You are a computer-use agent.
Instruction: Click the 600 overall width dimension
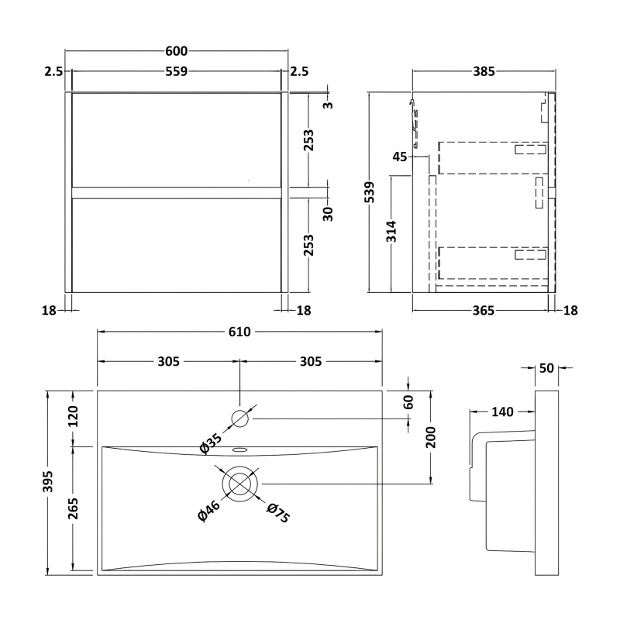[176, 51]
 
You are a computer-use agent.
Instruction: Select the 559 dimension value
[176, 72]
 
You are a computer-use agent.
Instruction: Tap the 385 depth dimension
[484, 72]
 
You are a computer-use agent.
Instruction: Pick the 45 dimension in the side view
[400, 157]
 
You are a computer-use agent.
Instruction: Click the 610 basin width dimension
[239, 332]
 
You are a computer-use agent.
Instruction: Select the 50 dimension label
[546, 369]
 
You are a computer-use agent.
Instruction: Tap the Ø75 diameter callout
[277, 513]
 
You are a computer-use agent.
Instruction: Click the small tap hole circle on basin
[240, 418]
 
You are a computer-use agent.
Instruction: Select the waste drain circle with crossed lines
[240, 483]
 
